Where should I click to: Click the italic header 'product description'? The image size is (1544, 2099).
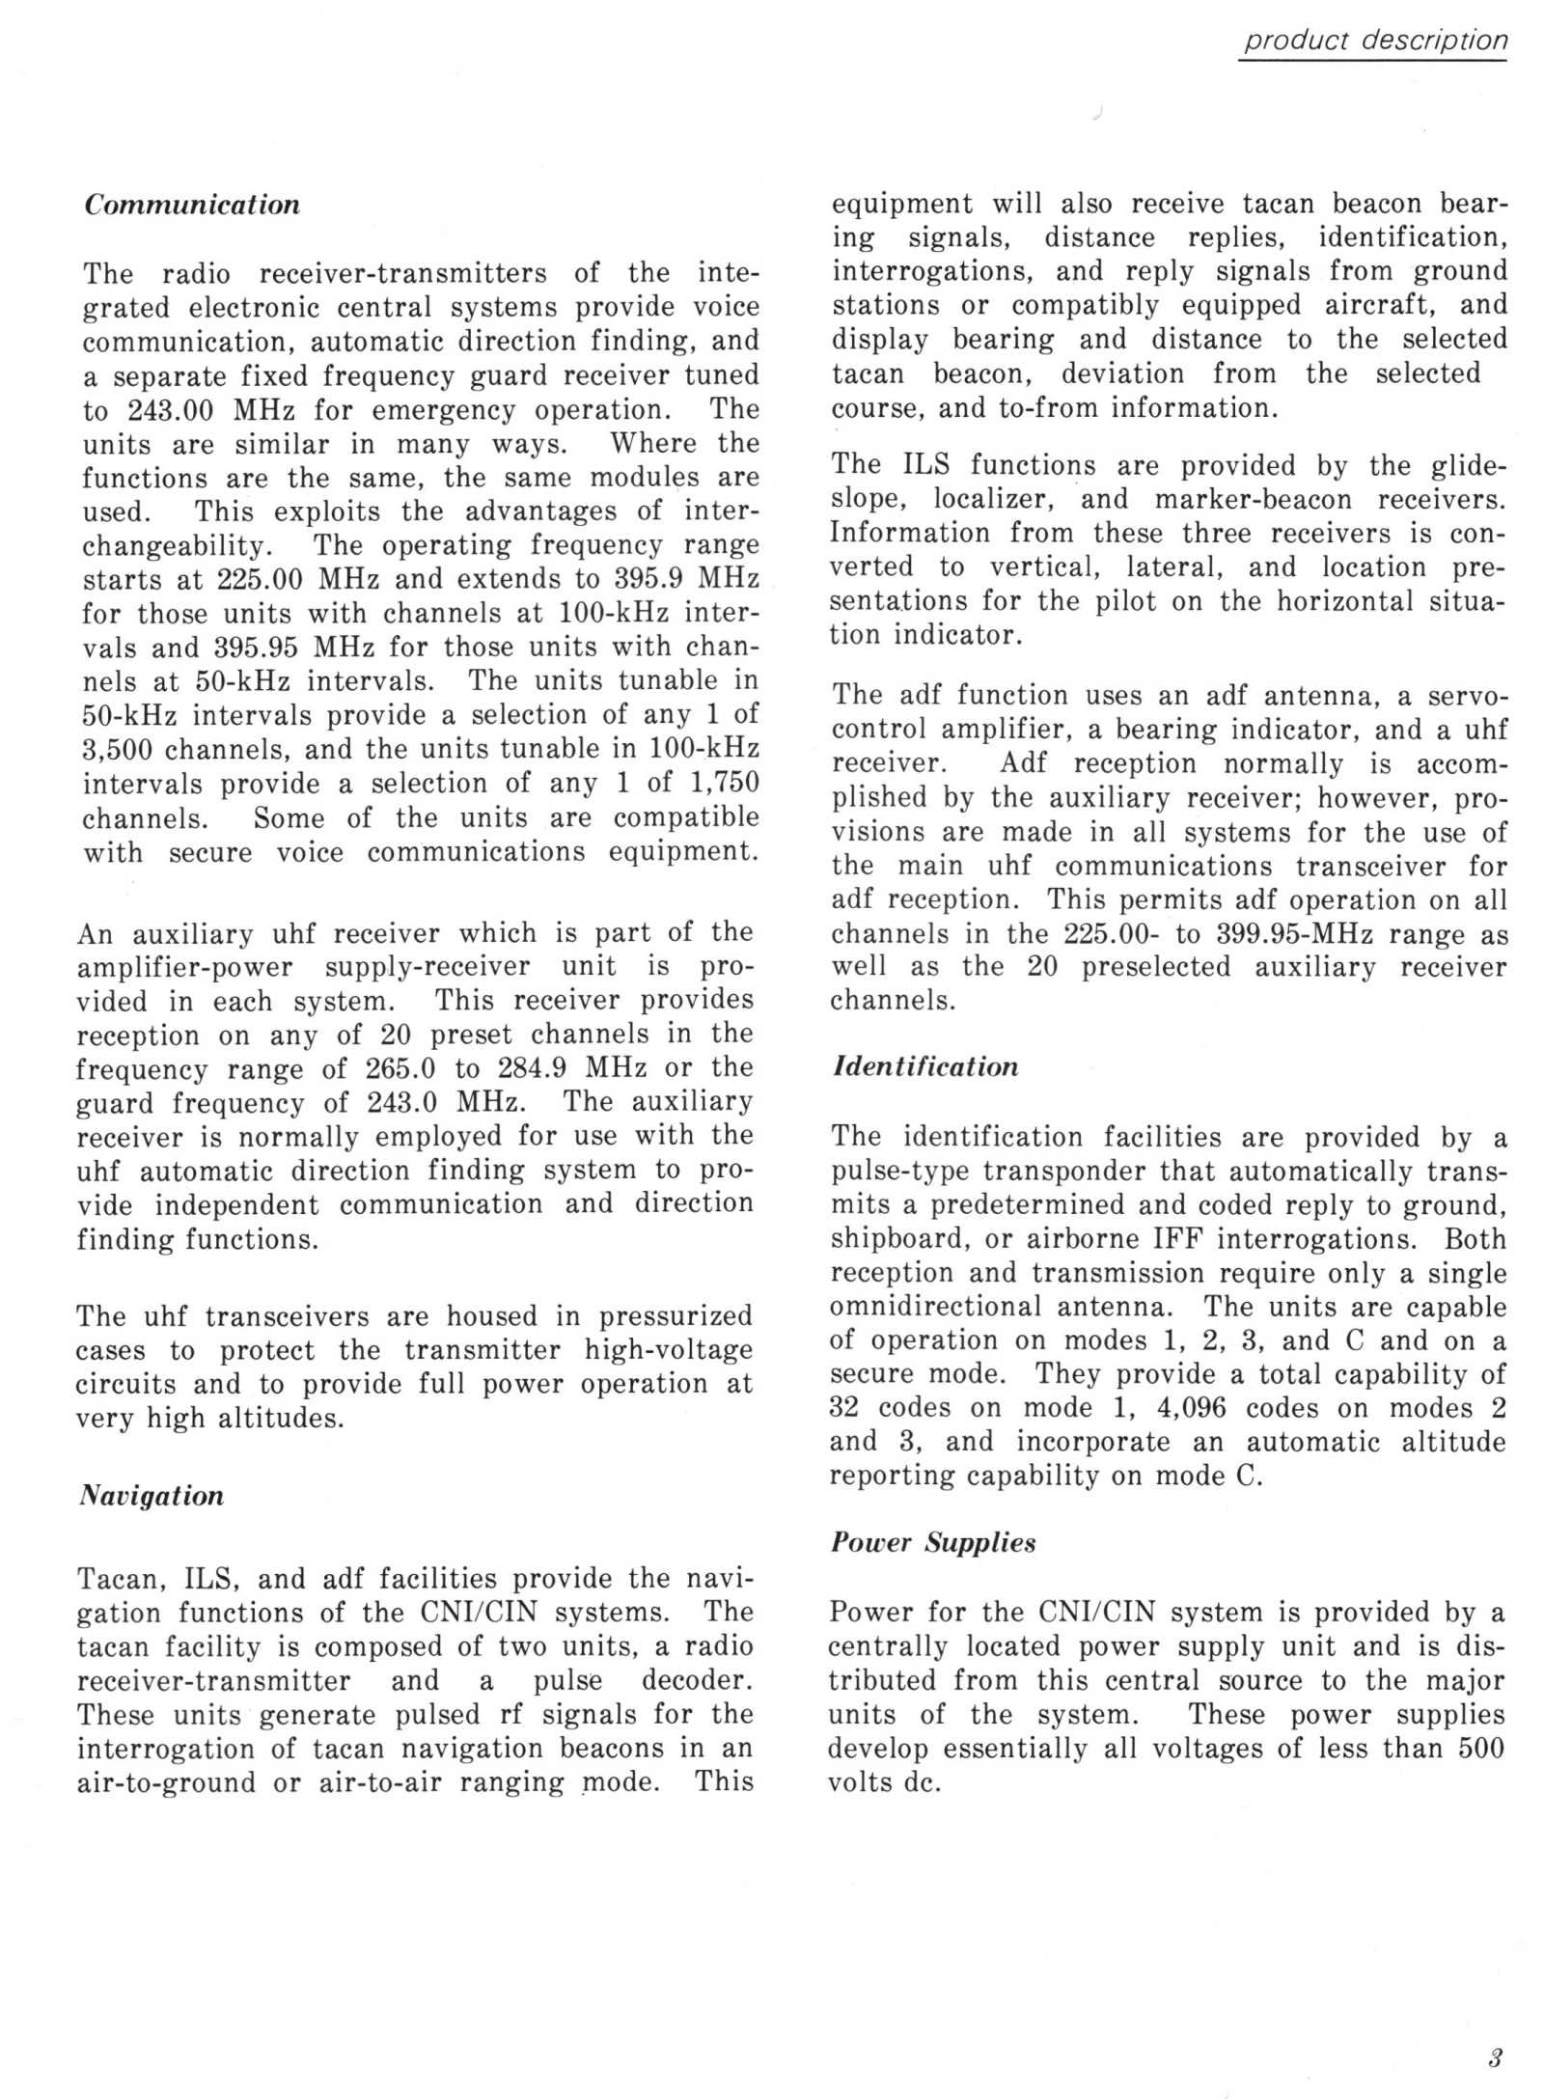point(1374,41)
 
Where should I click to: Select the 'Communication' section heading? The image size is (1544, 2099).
point(192,206)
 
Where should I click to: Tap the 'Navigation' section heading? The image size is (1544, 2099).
point(150,1496)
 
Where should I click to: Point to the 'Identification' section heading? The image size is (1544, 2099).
point(924,1067)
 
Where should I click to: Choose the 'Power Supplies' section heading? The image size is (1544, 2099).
point(932,1542)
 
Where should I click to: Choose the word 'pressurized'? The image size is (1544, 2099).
point(675,1316)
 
